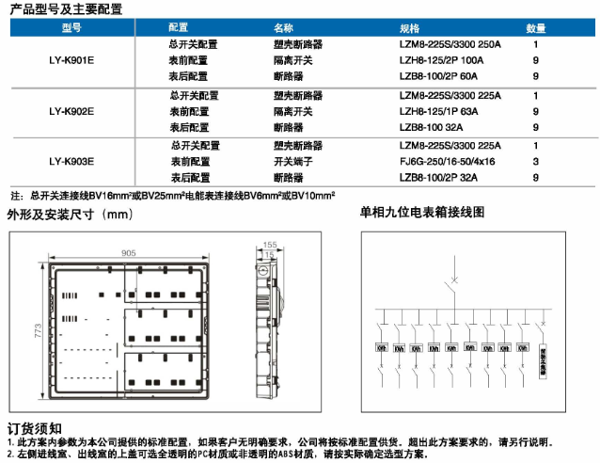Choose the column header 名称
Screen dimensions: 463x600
284,28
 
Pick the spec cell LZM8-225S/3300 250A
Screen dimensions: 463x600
451,44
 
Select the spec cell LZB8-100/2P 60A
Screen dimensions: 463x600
438,75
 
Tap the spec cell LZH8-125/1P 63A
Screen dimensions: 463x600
438,111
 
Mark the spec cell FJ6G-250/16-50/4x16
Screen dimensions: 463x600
447,162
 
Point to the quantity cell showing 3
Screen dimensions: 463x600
535,162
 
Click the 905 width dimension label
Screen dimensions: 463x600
129,252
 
